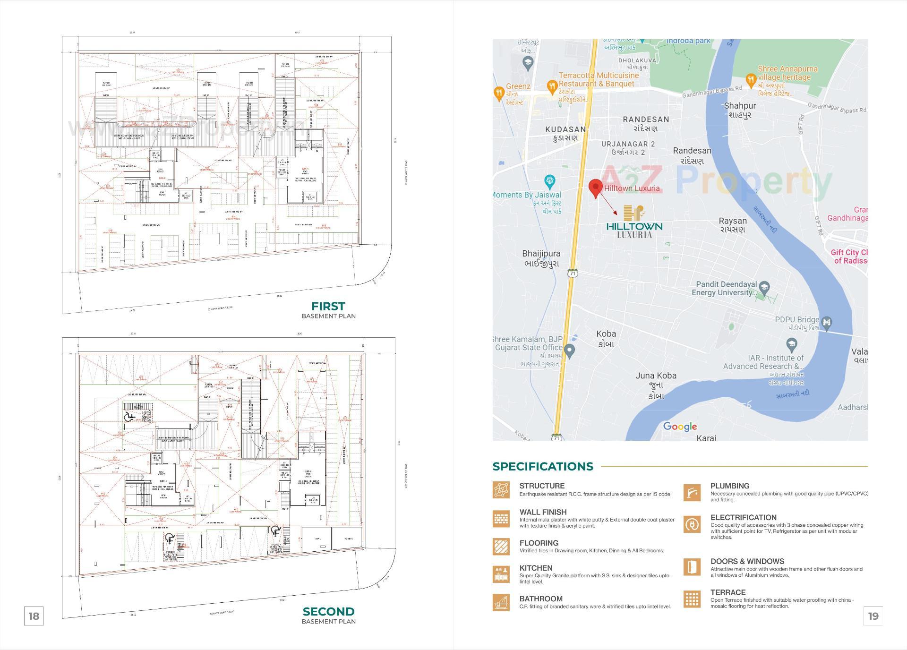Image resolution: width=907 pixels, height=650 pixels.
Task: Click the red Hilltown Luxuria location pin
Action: click(x=595, y=187)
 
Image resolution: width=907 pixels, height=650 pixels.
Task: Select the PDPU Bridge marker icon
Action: click(x=826, y=323)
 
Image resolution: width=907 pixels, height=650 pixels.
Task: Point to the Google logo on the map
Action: click(x=680, y=427)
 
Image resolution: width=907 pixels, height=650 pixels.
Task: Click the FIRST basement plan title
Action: click(x=328, y=306)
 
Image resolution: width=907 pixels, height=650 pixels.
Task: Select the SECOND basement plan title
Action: click(x=328, y=612)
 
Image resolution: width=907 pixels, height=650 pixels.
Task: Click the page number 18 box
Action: click(x=34, y=616)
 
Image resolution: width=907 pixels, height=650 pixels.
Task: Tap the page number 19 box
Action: click(x=873, y=616)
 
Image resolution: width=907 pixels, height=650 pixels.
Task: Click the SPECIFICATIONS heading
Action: click(x=543, y=466)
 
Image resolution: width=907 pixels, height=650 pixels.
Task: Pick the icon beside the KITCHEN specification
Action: click(x=501, y=574)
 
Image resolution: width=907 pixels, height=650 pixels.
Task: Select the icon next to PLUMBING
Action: click(x=692, y=492)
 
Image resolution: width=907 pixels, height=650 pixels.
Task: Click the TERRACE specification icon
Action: click(x=692, y=599)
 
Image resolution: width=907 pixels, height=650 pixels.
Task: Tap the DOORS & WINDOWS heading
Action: click(x=747, y=561)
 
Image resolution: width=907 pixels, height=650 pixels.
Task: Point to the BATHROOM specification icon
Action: click(x=501, y=602)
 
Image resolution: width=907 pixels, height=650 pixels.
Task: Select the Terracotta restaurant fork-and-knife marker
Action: click(x=552, y=86)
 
